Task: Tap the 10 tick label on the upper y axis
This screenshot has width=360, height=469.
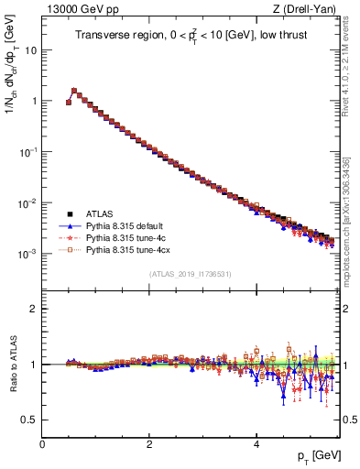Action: (x=31, y=50)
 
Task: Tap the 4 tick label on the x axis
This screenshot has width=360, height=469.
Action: (x=256, y=444)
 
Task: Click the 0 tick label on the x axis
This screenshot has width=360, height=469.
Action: (x=42, y=444)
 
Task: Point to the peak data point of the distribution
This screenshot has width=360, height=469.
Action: (x=74, y=91)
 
